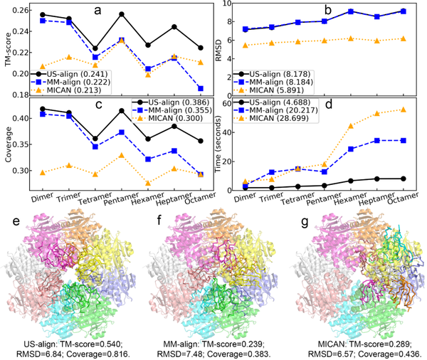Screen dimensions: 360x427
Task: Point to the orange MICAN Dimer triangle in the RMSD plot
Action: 246,46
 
